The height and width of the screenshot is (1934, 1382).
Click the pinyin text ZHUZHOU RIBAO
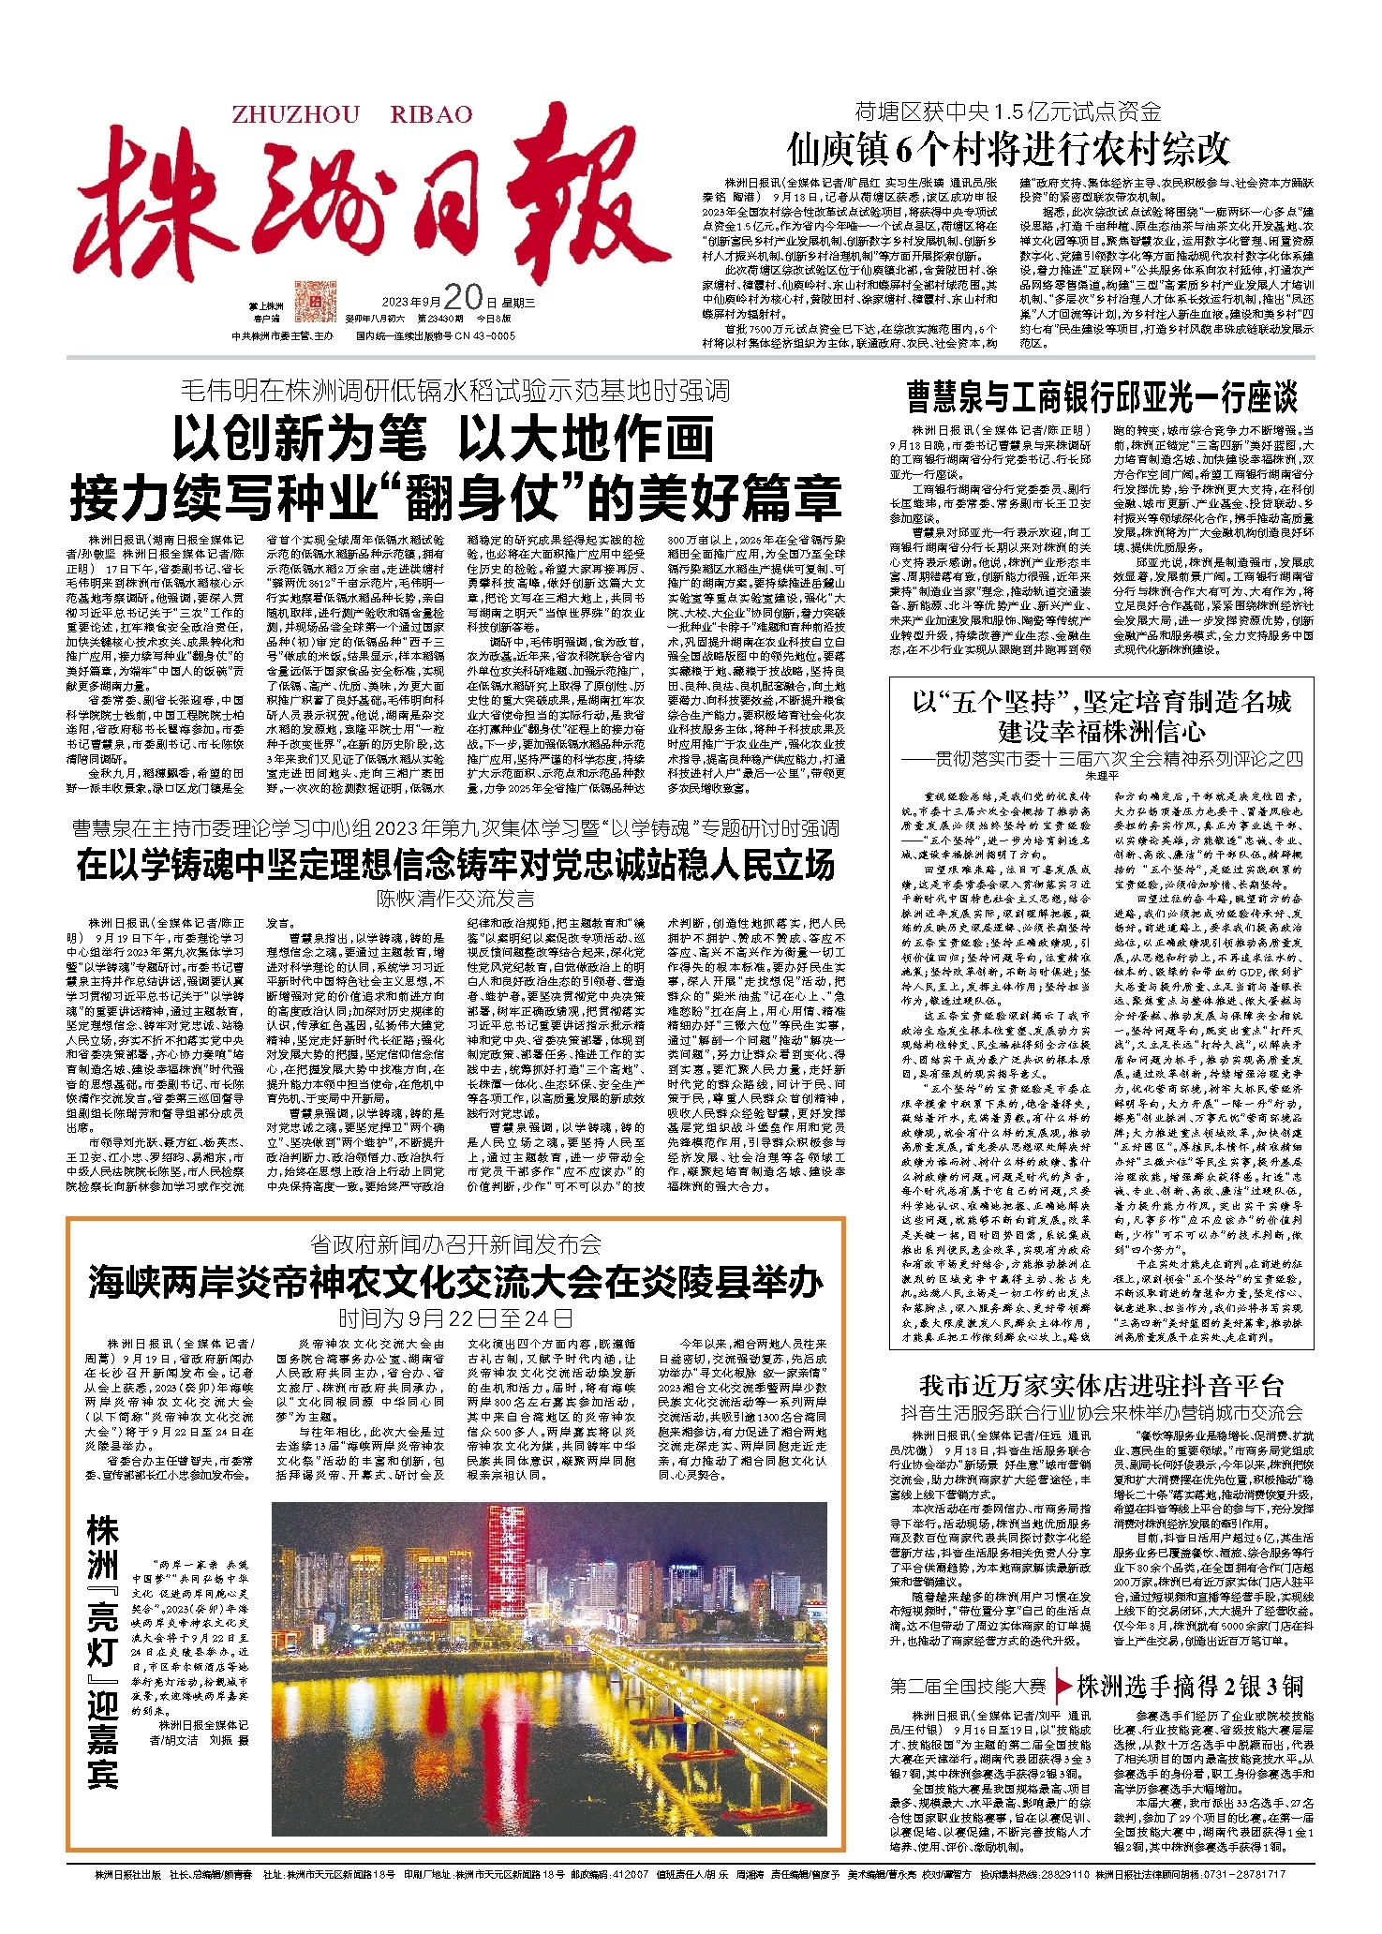click(351, 114)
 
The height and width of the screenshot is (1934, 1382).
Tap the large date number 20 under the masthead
click(462, 297)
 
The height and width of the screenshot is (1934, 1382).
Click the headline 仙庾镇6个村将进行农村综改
click(1007, 149)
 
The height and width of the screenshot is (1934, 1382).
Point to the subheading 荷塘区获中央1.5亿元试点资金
click(1007, 112)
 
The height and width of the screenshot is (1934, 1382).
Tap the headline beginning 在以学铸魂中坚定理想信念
click(455, 865)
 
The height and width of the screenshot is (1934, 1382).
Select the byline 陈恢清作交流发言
click(455, 900)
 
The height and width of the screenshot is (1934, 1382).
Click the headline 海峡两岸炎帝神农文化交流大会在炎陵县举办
click(455, 1282)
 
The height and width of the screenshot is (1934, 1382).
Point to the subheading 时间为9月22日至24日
click(455, 1318)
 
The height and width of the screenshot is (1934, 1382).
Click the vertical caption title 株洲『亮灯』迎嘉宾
click(103, 1649)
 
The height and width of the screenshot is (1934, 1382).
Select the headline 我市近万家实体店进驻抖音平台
click(1101, 1385)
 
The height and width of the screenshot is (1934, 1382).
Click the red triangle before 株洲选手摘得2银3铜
click(1062, 1687)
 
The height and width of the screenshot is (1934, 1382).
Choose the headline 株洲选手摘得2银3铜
click(1190, 1687)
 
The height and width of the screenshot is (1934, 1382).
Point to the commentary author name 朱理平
click(1101, 777)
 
